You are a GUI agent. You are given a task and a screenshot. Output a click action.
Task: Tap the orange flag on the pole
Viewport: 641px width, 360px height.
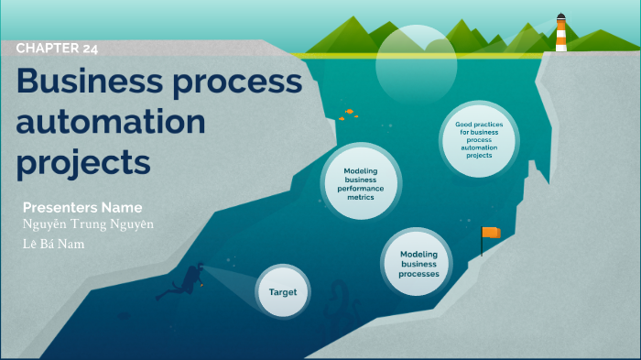(492, 233)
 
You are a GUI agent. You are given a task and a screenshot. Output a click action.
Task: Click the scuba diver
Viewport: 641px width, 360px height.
(181, 281)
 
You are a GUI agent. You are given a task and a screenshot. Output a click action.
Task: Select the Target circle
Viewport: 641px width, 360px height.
(283, 291)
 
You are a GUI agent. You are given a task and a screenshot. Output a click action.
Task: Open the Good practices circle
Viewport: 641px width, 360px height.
(479, 138)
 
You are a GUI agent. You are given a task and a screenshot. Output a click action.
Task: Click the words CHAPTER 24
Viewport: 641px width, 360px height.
(57, 49)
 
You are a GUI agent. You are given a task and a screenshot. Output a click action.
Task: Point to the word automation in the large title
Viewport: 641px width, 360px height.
(110, 122)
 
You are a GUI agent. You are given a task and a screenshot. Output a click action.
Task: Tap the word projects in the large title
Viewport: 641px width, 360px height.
(82, 162)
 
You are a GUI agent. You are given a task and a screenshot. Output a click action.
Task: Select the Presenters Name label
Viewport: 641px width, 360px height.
(82, 206)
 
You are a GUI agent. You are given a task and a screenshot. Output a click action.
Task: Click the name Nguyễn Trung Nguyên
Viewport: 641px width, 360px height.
(88, 224)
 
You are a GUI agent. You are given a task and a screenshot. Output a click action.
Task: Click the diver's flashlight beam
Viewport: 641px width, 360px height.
(229, 279)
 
